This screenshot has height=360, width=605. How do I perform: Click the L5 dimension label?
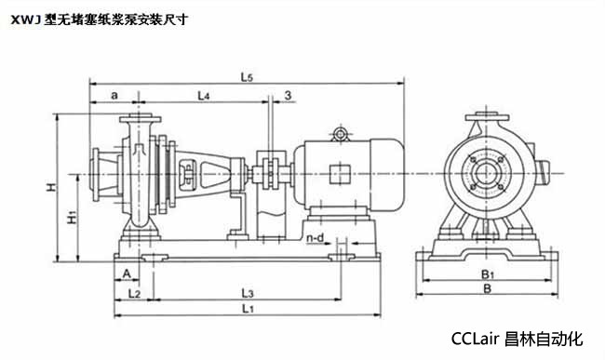(x=247, y=77)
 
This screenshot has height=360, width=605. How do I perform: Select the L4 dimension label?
(x=203, y=96)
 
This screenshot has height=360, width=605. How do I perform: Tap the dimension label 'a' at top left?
(x=114, y=95)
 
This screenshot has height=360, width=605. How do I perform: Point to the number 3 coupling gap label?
(x=288, y=95)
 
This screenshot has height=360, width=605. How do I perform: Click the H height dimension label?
(x=51, y=187)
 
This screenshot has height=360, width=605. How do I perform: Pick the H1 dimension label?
(x=73, y=218)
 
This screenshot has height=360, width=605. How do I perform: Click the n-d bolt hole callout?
(x=316, y=238)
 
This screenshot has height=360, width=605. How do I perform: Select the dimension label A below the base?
(x=127, y=273)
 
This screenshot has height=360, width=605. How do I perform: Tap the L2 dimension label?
(x=134, y=294)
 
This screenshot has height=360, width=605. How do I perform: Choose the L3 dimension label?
(x=248, y=293)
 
